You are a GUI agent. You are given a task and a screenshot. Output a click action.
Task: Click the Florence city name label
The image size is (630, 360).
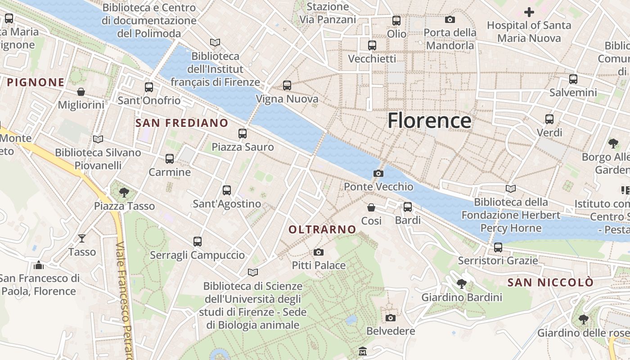[x=429, y=121]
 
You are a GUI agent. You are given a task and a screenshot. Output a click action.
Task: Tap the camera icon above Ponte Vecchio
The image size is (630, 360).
[x=378, y=173]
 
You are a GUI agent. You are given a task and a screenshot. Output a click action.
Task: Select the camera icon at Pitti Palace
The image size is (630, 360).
[x=319, y=252]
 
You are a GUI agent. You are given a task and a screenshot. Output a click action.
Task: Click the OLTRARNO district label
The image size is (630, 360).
[x=322, y=229]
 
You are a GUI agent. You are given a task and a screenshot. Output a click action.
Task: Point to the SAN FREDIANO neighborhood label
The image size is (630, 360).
[x=182, y=123]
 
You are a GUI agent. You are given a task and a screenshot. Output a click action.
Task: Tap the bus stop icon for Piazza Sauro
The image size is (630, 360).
[x=243, y=133]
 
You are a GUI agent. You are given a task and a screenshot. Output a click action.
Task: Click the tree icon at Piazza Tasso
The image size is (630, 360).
[x=124, y=193]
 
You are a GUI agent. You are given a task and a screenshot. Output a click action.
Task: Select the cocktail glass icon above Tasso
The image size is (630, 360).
[x=82, y=238]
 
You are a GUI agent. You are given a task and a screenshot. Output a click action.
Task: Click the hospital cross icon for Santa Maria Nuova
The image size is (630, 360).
[x=529, y=12]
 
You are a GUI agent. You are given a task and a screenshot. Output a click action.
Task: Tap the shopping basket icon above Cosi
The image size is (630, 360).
[x=371, y=207]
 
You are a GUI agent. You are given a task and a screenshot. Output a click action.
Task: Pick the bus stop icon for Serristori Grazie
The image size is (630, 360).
[x=498, y=247]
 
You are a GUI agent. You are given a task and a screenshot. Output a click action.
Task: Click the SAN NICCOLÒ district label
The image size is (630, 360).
[x=550, y=283]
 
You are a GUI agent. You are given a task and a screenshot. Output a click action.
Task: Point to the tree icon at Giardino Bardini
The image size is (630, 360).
[x=461, y=284]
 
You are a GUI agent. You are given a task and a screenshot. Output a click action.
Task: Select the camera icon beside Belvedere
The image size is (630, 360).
[x=391, y=318]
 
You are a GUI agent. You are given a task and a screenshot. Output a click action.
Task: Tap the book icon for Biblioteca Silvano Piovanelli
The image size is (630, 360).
[x=98, y=139]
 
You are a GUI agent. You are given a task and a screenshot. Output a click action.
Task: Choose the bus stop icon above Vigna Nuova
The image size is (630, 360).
[x=287, y=85]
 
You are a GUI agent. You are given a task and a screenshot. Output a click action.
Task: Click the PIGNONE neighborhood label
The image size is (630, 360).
[x=36, y=82]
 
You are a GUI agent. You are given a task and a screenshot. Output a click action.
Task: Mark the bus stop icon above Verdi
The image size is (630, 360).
[x=549, y=119]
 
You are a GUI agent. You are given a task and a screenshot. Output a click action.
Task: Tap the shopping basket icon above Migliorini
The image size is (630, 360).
[x=81, y=92]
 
